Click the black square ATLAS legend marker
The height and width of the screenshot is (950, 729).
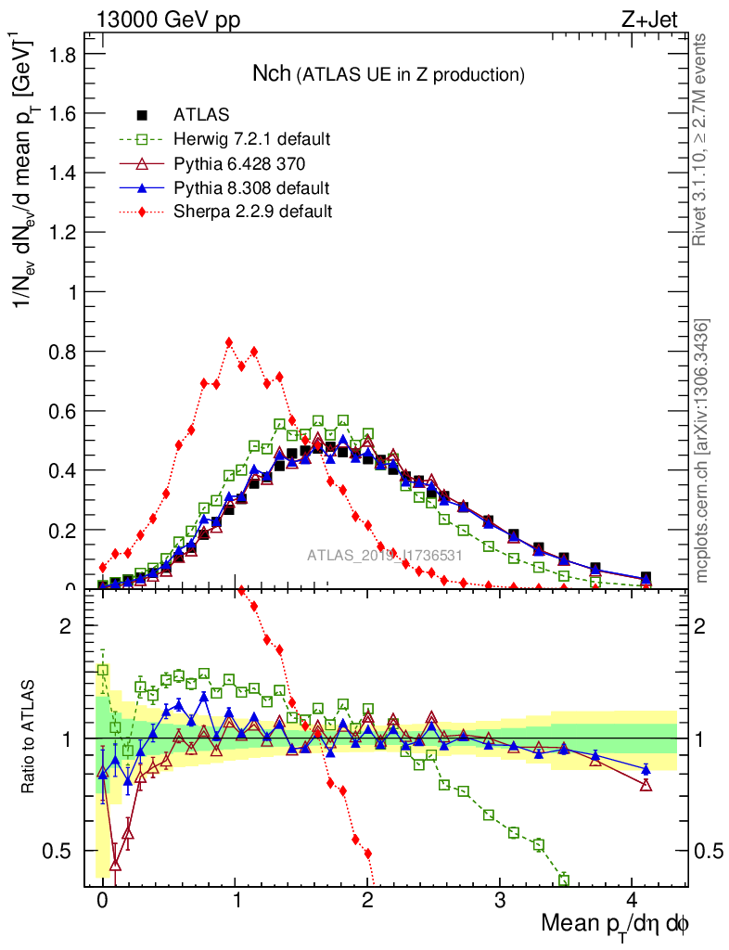(143, 115)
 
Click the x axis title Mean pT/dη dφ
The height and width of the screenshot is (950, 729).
(614, 924)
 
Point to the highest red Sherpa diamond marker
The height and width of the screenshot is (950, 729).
(229, 342)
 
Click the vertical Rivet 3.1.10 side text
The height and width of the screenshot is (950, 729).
(702, 139)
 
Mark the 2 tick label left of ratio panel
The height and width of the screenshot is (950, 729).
(66, 626)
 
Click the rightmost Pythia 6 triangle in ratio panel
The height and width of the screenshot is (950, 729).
(646, 785)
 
